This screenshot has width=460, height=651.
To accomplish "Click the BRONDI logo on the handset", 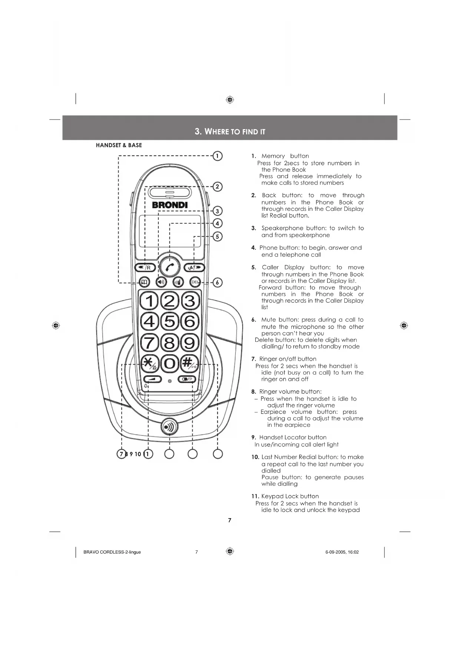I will point(170,205).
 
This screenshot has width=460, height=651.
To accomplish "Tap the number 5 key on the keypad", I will point(170,321).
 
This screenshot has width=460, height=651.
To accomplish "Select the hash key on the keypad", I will point(190,363).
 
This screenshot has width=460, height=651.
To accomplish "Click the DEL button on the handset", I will point(195,282).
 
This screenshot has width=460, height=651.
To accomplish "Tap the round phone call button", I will point(170,266).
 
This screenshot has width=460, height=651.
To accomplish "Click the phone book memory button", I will point(145,282).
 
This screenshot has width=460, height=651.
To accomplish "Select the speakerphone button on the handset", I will point(161,282).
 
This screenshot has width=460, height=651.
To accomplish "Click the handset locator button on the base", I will point(169,427).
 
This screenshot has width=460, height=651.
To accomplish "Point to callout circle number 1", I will point(218,156).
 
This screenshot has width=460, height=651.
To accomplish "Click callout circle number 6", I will point(218,282).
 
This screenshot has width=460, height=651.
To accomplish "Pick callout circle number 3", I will point(218,211).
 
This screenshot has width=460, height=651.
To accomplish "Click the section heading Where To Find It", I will point(230,131).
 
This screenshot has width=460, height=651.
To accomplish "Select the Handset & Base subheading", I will point(119,145).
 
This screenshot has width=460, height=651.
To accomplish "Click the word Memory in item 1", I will point(273,156).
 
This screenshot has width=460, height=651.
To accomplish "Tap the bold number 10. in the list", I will point(255,457).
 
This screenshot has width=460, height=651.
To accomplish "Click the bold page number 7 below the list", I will point(229,520).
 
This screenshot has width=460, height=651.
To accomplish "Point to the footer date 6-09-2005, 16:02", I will point(342,552).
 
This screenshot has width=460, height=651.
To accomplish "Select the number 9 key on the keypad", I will point(190,342).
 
